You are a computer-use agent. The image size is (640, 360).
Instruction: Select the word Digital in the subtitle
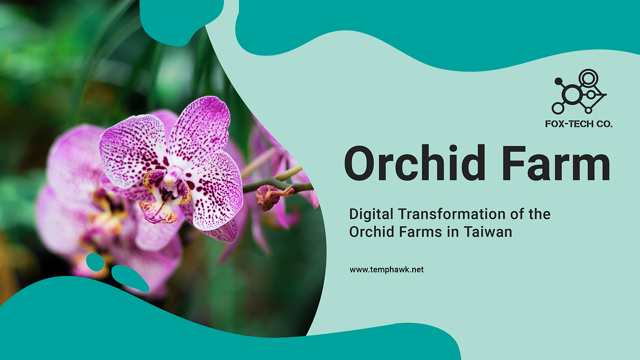pyautogui.click(x=369, y=215)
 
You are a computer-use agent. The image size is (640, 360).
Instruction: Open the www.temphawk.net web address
pyautogui.click(x=387, y=270)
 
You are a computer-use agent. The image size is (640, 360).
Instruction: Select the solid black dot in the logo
pyautogui.click(x=558, y=82)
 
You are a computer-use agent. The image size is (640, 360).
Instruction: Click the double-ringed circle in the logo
pyautogui.click(x=588, y=79)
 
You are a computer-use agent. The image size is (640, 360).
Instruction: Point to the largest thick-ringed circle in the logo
pyautogui.click(x=572, y=95)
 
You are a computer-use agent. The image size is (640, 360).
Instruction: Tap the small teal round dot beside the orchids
pyautogui.click(x=94, y=262)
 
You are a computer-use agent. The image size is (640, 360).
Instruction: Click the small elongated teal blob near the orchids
pyautogui.click(x=130, y=278)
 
